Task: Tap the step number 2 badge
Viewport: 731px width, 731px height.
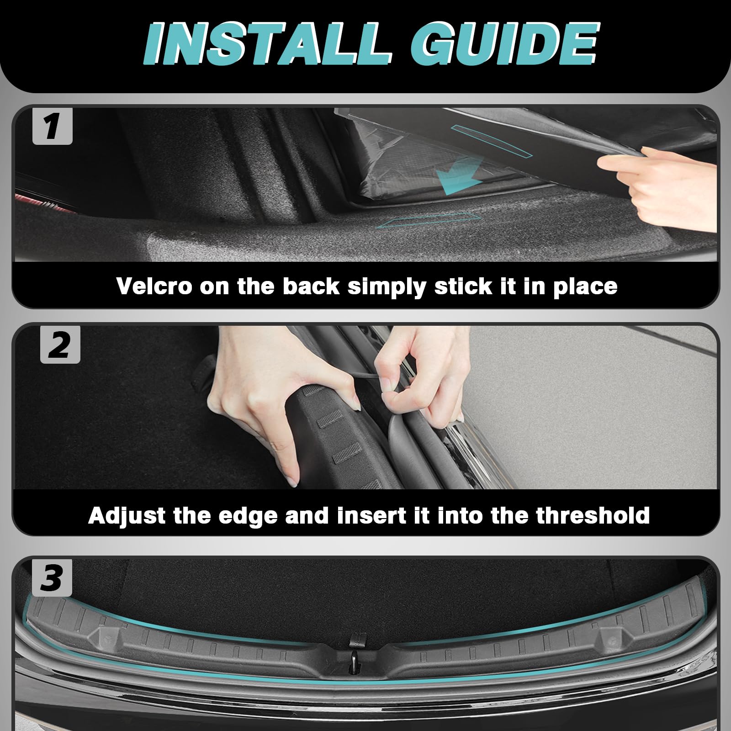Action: coord(60,345)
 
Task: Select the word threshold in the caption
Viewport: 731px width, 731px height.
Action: coord(593,515)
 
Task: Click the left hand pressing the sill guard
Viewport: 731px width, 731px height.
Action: coord(279,402)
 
